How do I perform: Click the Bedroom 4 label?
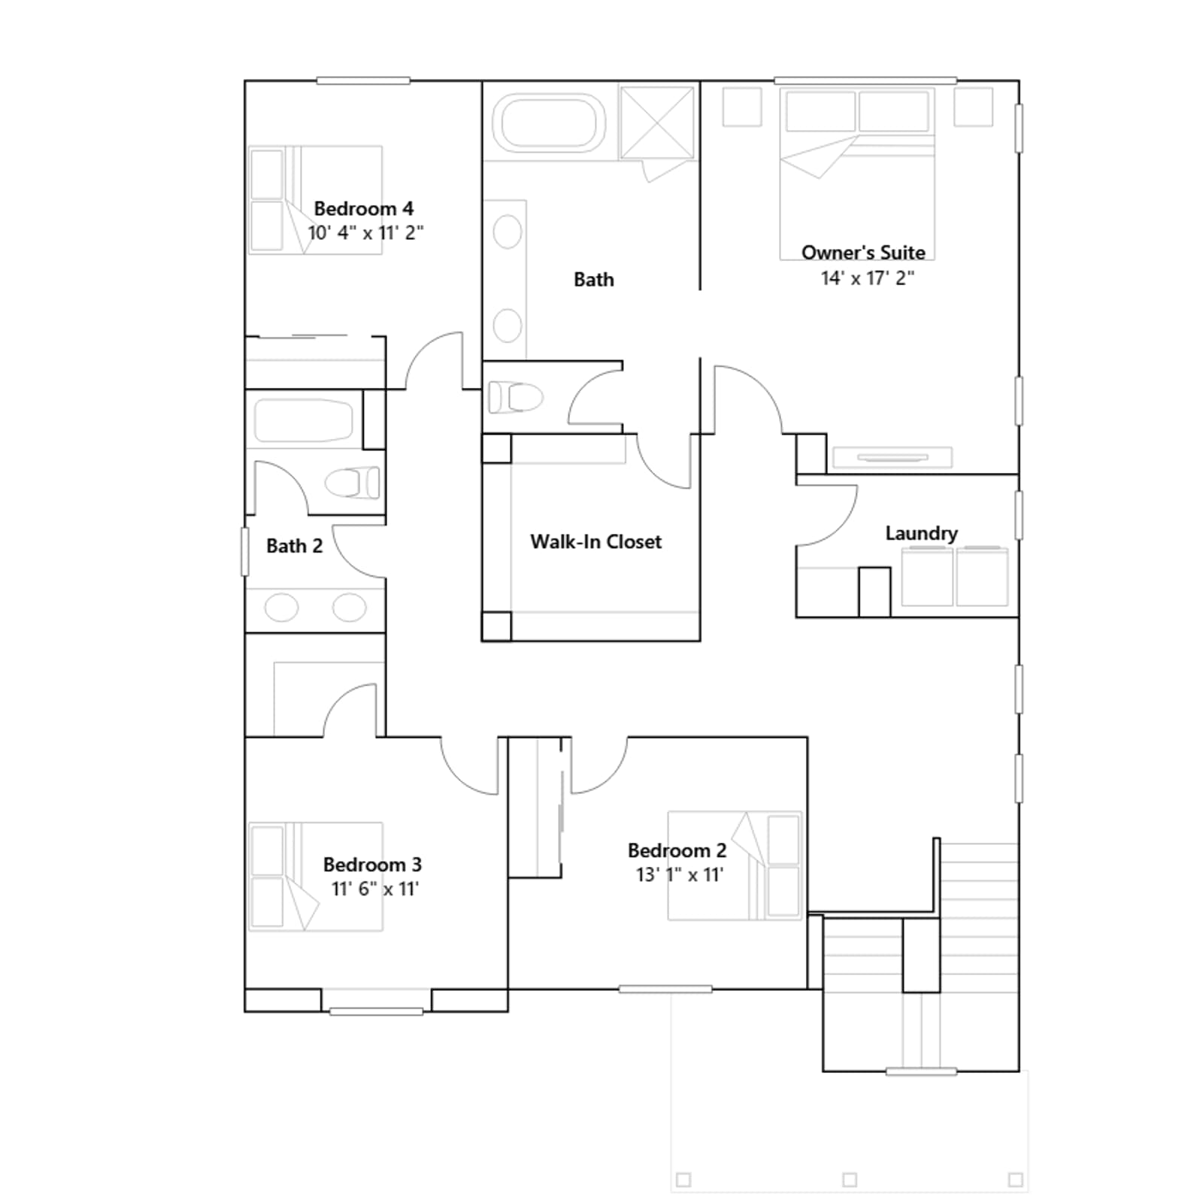[x=363, y=208]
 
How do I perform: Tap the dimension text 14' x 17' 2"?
[x=867, y=278]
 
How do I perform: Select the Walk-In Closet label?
[x=595, y=541]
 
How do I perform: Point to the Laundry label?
[x=921, y=533]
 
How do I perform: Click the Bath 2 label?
[x=294, y=546]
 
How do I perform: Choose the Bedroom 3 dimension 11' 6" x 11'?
[x=374, y=889]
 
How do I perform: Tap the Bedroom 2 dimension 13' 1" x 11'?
[x=680, y=874]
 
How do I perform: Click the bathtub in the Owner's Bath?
[x=549, y=120]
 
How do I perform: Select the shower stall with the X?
[x=657, y=123]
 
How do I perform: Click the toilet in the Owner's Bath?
[x=516, y=397]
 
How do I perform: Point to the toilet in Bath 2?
[x=352, y=483]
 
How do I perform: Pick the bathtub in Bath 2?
[x=304, y=420]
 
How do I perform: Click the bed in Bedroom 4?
[x=316, y=200]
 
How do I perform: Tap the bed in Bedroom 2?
[x=735, y=865]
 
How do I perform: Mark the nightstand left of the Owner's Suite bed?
[x=742, y=107]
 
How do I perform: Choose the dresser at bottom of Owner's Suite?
[x=892, y=457]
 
